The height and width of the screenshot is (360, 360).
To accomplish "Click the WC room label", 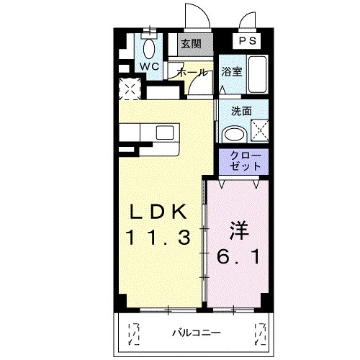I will [150, 66].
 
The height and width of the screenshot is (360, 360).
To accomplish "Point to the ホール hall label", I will [192, 72].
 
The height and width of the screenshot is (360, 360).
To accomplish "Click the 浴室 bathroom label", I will [230, 72].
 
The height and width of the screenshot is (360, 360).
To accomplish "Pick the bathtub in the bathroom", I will [258, 73].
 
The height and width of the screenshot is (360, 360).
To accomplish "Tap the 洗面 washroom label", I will [241, 112].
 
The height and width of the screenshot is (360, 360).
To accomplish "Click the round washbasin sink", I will [232, 132].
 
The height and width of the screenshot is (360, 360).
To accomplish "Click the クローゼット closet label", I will [242, 161].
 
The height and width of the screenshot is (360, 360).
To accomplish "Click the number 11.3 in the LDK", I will [160, 237].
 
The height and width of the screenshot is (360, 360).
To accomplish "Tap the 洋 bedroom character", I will [239, 232].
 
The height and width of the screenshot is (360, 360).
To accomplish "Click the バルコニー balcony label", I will [196, 332].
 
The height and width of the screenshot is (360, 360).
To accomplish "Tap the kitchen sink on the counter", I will [165, 132].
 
